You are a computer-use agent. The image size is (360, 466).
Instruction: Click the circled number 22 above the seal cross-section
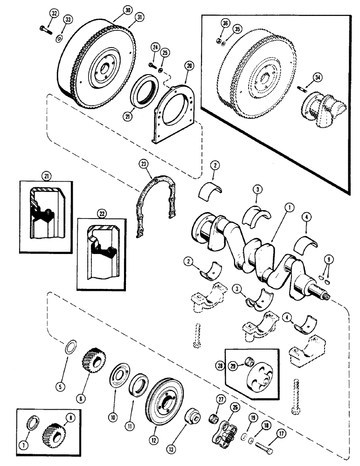point(102,213)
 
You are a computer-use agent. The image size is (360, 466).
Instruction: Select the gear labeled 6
point(95,360)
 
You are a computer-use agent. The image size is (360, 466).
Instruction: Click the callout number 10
point(112,405)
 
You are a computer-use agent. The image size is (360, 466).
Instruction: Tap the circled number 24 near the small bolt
point(154,47)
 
